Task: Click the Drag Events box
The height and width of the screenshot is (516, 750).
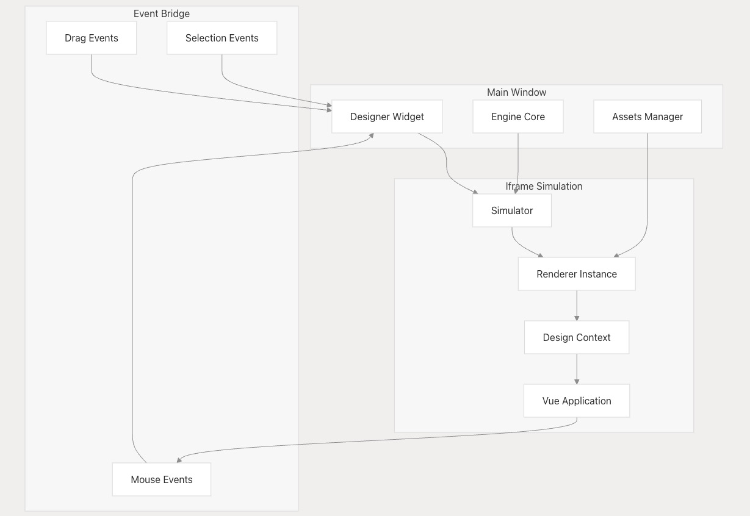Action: (92, 38)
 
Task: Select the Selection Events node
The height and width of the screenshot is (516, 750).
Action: (222, 38)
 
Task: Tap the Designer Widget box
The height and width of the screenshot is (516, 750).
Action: (387, 116)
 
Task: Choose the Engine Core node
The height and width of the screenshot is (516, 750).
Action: (517, 116)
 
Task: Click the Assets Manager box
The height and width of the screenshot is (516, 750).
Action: (647, 116)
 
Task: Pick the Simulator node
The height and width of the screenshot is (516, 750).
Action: (511, 210)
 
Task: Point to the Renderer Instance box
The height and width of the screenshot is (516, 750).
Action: (577, 274)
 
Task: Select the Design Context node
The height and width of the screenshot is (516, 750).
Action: (577, 337)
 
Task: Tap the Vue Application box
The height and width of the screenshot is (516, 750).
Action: (577, 401)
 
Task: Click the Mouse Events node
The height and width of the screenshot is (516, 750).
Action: (162, 479)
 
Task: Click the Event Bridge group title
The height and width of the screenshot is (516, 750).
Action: (162, 13)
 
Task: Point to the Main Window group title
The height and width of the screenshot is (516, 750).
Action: (516, 92)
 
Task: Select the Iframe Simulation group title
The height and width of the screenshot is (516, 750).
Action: (544, 186)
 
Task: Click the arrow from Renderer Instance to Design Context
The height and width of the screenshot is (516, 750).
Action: (577, 305)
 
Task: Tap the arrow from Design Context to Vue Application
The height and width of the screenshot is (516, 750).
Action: (577, 368)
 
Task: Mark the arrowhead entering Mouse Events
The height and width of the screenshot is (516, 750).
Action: (178, 460)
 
